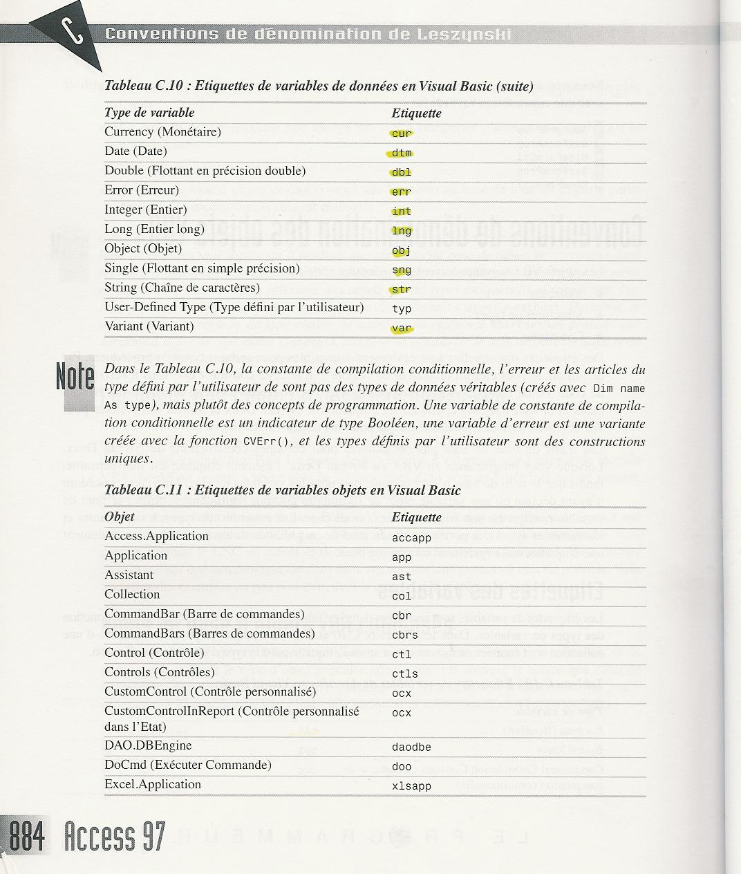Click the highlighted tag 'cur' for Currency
(401, 133)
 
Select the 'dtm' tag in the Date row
(401, 153)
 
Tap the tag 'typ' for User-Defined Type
(401, 309)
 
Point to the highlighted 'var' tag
(401, 328)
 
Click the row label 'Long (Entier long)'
(154, 229)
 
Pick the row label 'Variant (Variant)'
(149, 326)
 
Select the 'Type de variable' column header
(149, 113)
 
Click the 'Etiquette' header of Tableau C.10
(416, 113)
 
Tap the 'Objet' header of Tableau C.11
(120, 517)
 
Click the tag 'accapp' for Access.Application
(411, 538)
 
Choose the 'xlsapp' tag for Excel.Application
(411, 786)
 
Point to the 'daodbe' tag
(411, 747)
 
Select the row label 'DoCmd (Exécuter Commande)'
(187, 765)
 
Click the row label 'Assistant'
(129, 575)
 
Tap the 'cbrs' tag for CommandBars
(405, 635)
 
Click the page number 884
(26, 835)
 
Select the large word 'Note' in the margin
(75, 377)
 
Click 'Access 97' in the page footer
(114, 835)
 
